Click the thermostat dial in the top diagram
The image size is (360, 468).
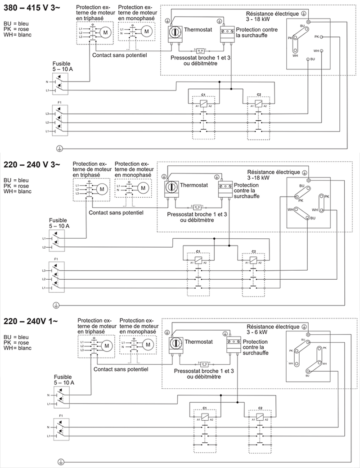[174, 32]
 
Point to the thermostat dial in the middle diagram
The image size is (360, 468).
[171, 187]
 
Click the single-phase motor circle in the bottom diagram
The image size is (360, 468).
[147, 345]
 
